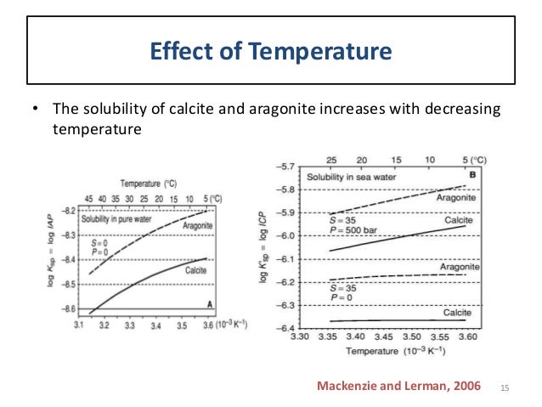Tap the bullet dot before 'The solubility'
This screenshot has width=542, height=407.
tap(35, 110)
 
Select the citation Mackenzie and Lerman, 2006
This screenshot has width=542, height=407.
tap(398, 387)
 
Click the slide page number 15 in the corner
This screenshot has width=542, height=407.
tap(507, 387)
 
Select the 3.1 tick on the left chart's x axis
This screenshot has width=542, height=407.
tap(79, 325)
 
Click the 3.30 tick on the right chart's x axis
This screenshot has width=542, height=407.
tap(300, 337)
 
